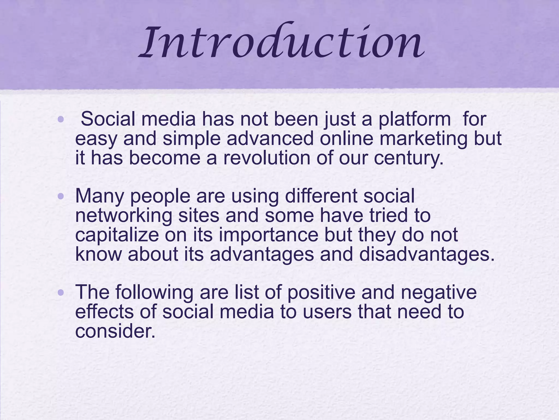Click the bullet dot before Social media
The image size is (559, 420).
pyautogui.click(x=61, y=119)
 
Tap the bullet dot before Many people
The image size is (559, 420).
pyautogui.click(x=61, y=196)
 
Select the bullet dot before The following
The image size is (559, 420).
pyautogui.click(x=61, y=293)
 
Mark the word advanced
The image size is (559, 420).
pyautogui.click(x=270, y=139)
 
